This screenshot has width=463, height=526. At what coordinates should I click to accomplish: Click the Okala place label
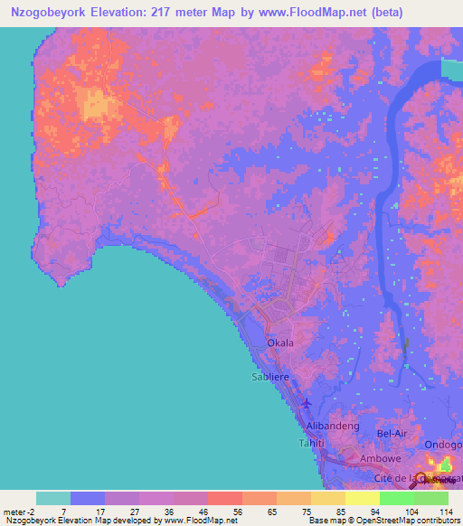tap(279, 343)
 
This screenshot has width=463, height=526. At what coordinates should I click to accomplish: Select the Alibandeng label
tap(334, 426)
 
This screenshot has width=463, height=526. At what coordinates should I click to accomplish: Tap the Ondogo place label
tap(443, 445)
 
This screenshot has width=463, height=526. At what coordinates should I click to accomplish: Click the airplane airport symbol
tap(306, 402)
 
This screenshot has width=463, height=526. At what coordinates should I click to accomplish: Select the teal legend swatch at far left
tap(53, 498)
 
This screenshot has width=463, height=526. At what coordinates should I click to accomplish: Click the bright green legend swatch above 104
tap(396, 498)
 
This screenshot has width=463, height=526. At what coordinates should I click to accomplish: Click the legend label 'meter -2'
tap(17, 511)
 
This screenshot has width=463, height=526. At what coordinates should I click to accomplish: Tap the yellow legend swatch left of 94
tap(362, 498)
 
